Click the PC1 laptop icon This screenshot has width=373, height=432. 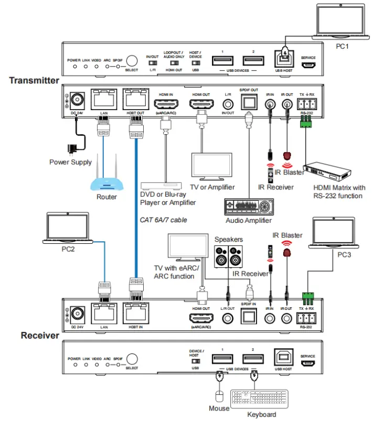point(340,22)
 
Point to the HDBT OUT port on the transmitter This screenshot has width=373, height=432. point(135,99)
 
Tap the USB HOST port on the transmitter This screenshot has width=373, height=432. point(284,60)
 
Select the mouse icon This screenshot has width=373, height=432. point(220,396)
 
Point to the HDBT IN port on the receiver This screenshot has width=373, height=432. point(135,313)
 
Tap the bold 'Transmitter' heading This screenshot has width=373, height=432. point(34,80)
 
